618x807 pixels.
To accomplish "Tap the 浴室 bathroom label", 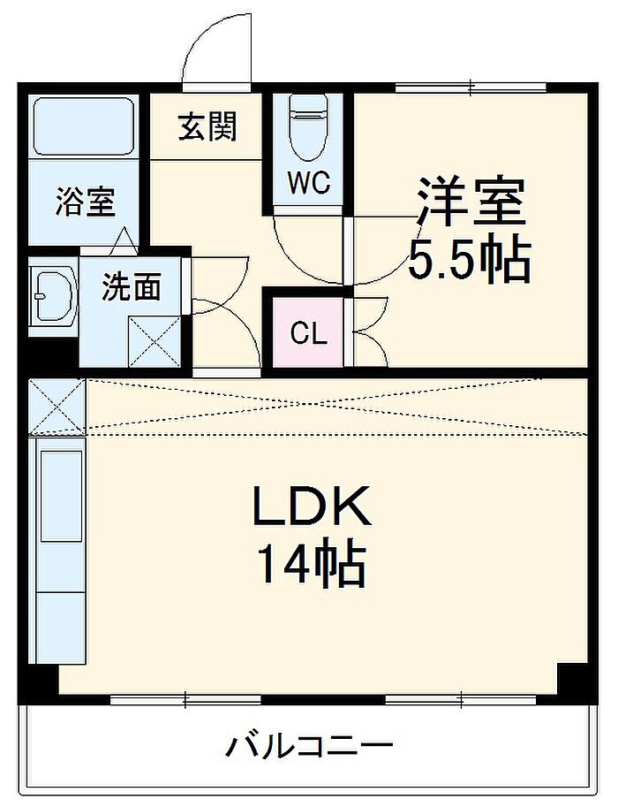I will click(85, 201).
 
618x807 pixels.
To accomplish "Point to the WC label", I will click(308, 184).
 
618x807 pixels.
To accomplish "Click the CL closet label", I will click(309, 333).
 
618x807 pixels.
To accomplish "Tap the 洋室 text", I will click(471, 201).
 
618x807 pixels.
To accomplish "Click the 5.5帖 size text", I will click(469, 258).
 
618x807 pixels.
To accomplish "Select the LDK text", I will click(311, 508).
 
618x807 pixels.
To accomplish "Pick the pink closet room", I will click(308, 333).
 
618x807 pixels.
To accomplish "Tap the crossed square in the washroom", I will click(156, 339).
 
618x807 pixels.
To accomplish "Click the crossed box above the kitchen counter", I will click(57, 407).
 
